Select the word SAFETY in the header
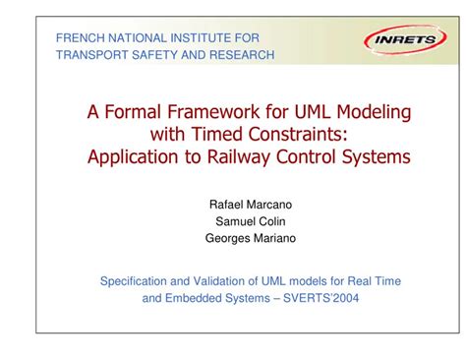tap(150, 55)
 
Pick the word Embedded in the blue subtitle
tap(191, 298)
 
